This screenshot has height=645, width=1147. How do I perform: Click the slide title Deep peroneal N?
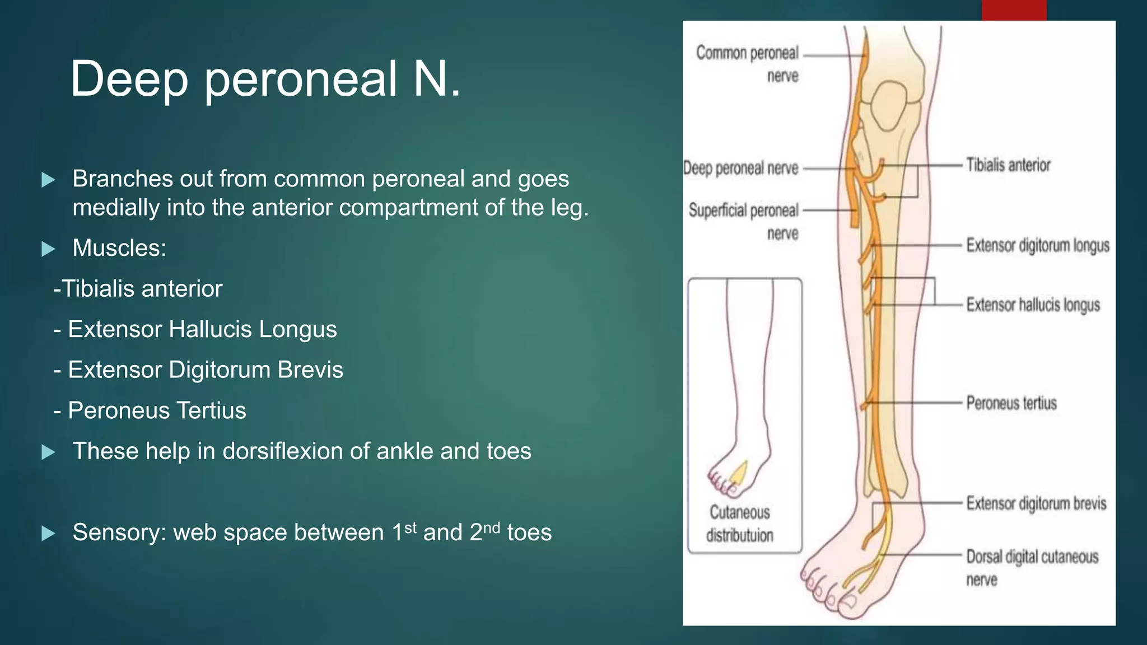coord(265,80)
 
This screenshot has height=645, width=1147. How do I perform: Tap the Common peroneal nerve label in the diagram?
coord(747,63)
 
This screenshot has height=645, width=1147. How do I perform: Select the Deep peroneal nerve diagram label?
coord(740,168)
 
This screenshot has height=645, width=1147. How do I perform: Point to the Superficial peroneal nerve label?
coord(744,221)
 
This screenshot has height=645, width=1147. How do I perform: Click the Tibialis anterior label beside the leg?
coord(1008,165)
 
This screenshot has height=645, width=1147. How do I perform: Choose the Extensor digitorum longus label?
coord(1037,246)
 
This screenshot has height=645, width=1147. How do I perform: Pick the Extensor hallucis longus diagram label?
coord(1033,305)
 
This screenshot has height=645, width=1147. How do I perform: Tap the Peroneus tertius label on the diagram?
coord(1011,403)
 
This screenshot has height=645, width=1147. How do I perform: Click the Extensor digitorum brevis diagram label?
coord(1036,503)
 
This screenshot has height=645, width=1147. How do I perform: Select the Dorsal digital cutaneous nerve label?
coord(1032,568)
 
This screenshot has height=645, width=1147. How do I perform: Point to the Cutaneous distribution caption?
coord(739,524)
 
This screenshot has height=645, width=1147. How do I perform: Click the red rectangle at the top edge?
coord(1014,10)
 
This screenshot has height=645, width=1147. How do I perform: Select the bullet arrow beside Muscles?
coord(49,249)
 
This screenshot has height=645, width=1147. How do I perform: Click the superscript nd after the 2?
coord(491,527)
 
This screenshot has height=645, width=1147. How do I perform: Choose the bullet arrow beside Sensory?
coord(49,533)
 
